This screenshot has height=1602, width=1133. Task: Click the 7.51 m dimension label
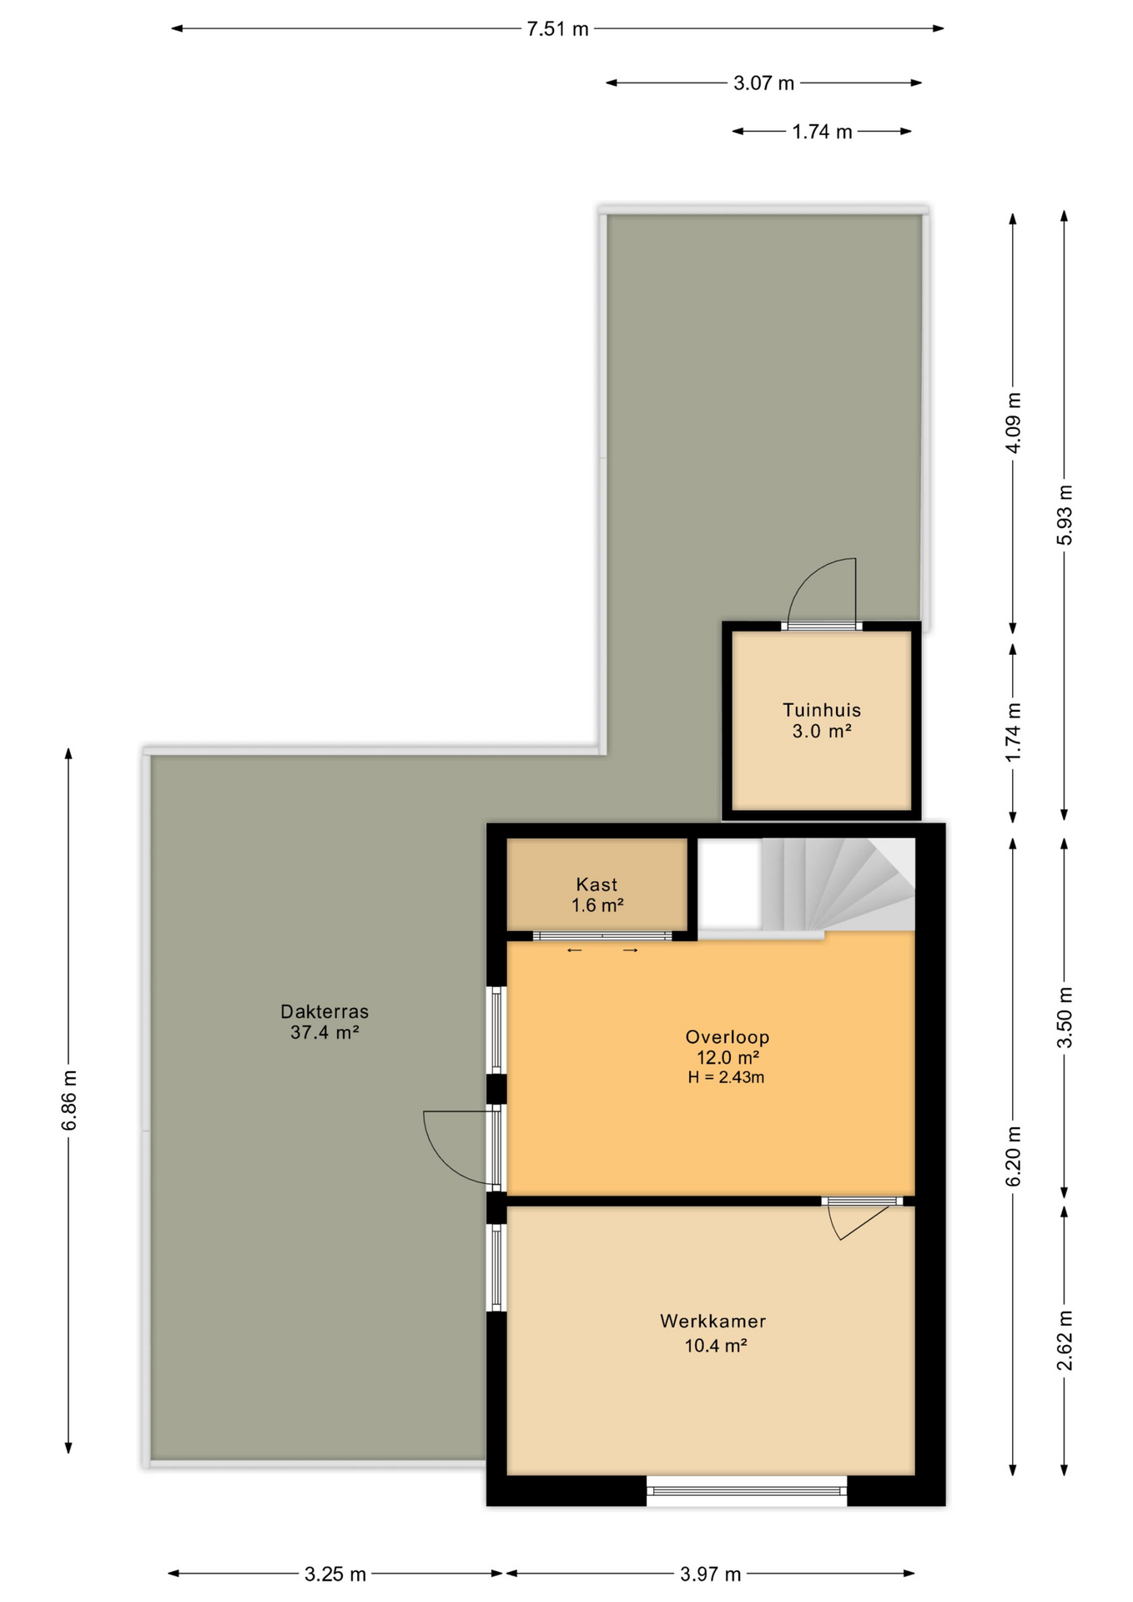(557, 29)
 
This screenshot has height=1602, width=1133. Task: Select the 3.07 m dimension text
(763, 83)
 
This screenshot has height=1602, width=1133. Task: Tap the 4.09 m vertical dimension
(1013, 423)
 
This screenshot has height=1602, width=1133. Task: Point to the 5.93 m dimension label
(1065, 515)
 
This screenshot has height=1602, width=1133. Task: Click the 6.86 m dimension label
(69, 1100)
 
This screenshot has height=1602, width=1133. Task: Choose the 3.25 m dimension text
(335, 1574)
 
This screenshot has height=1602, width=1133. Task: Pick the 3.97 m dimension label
(710, 1574)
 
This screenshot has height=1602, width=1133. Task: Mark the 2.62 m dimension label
(1065, 1340)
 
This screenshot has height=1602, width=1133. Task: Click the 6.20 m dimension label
(1013, 1156)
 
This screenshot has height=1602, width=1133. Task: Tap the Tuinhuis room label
(821, 710)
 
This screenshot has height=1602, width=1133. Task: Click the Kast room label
(597, 884)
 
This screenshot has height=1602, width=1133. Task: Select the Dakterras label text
(325, 1011)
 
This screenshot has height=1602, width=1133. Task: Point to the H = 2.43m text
(726, 1077)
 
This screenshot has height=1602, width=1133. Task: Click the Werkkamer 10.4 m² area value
(715, 1345)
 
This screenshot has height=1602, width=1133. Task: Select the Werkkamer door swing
(859, 1223)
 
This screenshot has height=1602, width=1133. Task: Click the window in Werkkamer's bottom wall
(747, 1491)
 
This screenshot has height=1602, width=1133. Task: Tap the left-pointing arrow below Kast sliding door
(574, 950)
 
